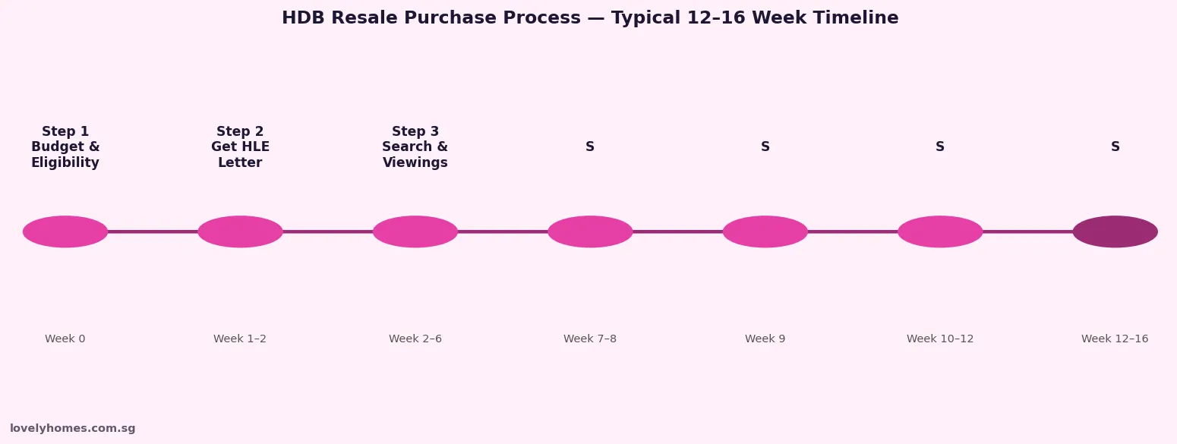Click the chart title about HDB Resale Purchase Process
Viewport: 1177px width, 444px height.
tap(590, 18)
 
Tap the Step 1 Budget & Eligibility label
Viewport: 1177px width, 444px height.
tap(65, 147)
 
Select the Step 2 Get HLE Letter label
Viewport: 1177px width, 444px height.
tap(240, 147)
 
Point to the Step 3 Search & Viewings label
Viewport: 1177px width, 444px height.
tap(415, 147)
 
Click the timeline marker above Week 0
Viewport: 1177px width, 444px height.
tap(65, 231)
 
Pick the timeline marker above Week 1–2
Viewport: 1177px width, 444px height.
tap(240, 231)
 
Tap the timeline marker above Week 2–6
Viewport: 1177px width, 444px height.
tap(415, 231)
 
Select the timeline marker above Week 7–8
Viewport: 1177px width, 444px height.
tap(590, 231)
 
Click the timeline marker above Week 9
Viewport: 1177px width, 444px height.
tap(765, 231)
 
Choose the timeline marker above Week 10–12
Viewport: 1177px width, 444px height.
tap(940, 231)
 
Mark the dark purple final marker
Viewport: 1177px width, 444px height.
tap(1115, 231)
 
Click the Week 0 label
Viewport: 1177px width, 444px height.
tap(65, 339)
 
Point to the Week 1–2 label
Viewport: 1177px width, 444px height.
tap(240, 339)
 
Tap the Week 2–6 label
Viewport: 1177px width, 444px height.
tap(415, 339)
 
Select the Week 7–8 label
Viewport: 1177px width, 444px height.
tap(590, 339)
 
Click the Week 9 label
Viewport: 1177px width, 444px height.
tap(765, 339)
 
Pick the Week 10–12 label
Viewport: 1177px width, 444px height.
tap(940, 339)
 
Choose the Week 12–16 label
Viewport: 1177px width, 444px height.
tap(1115, 339)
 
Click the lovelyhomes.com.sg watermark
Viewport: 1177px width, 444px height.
tap(73, 429)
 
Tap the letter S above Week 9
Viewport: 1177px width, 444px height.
tap(765, 147)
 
